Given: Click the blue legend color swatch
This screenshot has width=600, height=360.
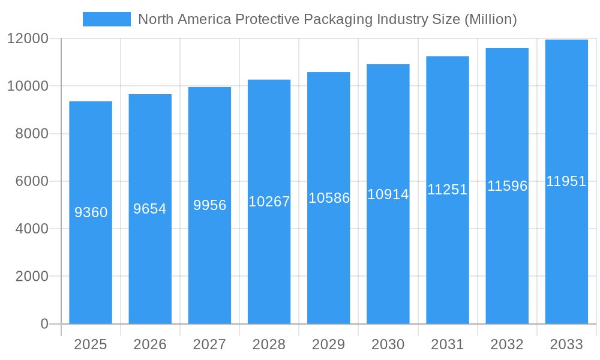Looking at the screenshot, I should click(x=106, y=19).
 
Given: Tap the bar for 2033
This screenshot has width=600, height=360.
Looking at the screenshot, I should click(x=566, y=252).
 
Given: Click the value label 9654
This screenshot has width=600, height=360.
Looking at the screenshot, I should click(x=150, y=209).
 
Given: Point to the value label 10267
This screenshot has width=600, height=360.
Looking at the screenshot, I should click(x=269, y=202).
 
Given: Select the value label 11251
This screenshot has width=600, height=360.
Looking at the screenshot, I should click(x=448, y=190).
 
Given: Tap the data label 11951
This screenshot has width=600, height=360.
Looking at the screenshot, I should click(x=566, y=181).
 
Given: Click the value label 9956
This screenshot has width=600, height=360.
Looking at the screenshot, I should click(x=210, y=205).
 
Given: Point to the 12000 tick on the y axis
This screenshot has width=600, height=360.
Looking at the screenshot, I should click(x=28, y=38).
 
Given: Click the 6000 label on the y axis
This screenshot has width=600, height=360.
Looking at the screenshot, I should click(x=31, y=181).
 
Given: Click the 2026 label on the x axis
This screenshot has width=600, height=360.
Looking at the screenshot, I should click(x=150, y=344).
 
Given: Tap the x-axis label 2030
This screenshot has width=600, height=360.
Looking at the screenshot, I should click(x=388, y=344).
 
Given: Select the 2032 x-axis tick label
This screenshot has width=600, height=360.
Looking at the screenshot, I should click(x=507, y=344).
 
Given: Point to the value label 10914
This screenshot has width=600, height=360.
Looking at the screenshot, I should click(x=388, y=194).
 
